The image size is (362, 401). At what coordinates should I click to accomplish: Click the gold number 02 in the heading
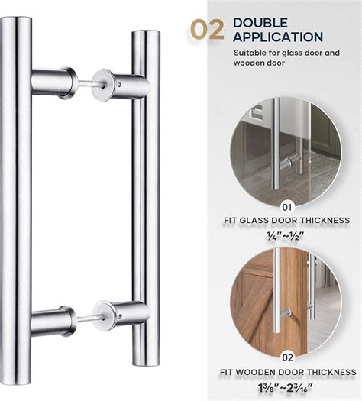[207, 31]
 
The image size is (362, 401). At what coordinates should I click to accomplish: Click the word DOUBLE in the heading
[260, 23]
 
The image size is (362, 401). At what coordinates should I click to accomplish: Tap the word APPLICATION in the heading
[278, 37]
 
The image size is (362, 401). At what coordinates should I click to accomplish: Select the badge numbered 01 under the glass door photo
[287, 207]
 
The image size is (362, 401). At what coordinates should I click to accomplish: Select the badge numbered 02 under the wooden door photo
[287, 357]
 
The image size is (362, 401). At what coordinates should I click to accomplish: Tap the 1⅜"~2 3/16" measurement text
[285, 389]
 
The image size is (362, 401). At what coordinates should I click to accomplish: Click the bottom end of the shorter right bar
[146, 364]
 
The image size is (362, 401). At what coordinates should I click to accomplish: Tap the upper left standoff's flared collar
[69, 83]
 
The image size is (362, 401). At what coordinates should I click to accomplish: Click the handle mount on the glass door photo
[286, 164]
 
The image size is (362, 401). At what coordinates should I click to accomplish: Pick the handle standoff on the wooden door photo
[286, 313]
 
